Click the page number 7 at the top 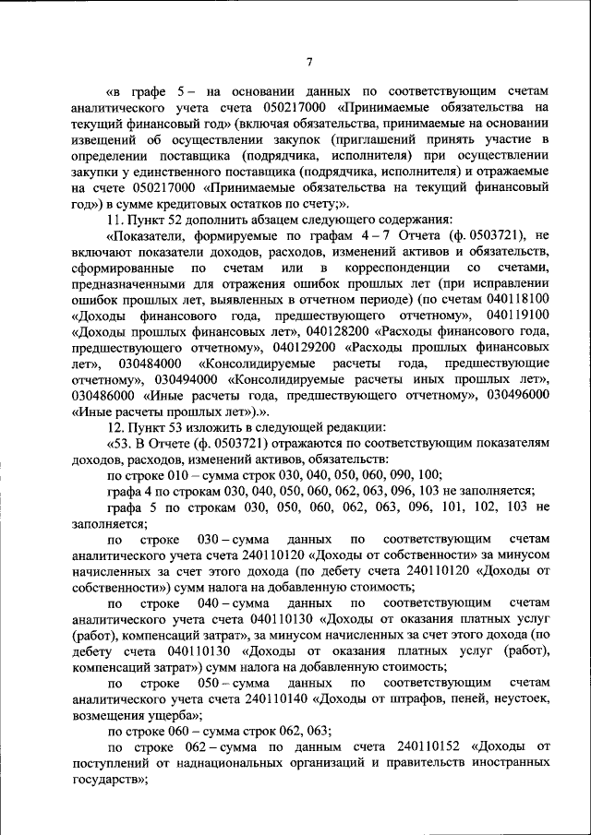tap(309, 62)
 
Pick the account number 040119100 tap(511, 315)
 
